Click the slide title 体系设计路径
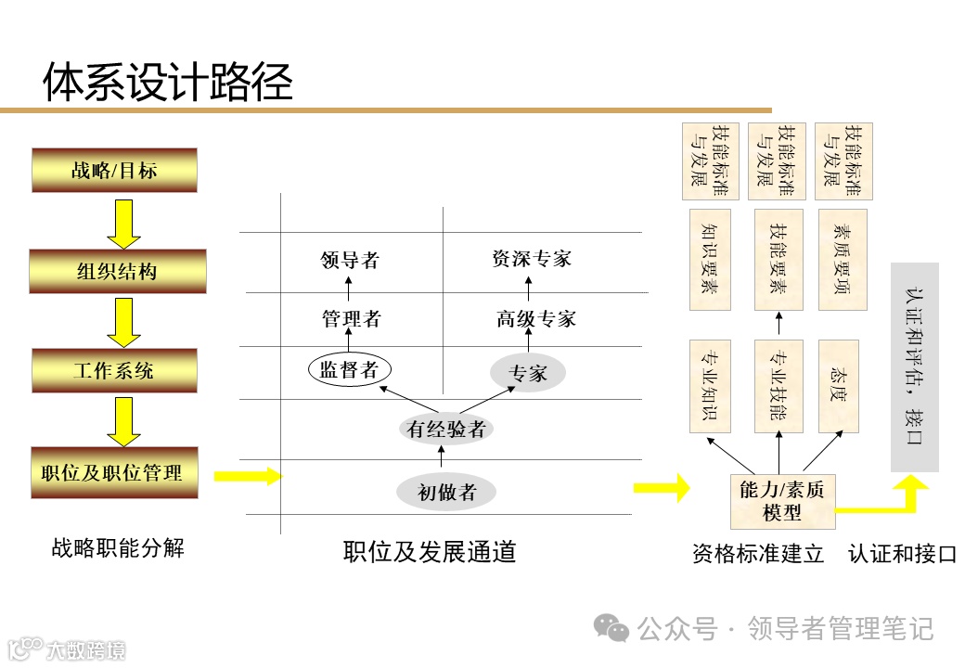[168, 82]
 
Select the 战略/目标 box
[114, 170]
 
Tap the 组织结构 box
[116, 271]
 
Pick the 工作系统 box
[114, 371]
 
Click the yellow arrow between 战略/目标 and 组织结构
[122, 223]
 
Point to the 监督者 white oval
[349, 369]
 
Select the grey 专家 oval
[528, 373]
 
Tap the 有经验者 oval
[446, 429]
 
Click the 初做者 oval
[446, 493]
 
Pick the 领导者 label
[350, 260]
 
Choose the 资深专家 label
[532, 259]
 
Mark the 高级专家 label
[535, 319]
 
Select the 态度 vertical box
[839, 385]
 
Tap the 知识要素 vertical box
[711, 259]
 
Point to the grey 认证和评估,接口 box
[914, 366]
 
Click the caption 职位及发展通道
[429, 552]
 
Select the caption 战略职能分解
[118, 548]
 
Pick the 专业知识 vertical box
[711, 385]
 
